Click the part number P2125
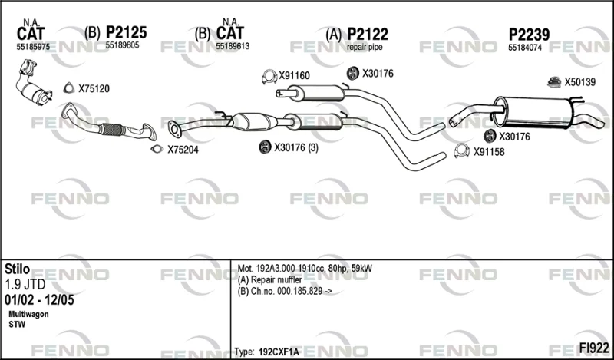click(x=126, y=32)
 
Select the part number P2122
click(x=368, y=35)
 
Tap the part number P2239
click(x=529, y=35)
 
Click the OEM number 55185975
click(x=33, y=47)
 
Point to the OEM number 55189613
click(x=233, y=47)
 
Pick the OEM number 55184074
click(x=525, y=48)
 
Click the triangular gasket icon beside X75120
click(x=69, y=88)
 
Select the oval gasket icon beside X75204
click(x=157, y=149)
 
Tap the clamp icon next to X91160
click(x=269, y=77)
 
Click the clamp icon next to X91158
click(x=462, y=150)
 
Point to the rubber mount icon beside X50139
click(x=554, y=82)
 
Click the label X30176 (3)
click(x=296, y=147)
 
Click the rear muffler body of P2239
click(x=533, y=112)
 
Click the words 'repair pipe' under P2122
click(x=365, y=48)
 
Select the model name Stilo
click(x=17, y=269)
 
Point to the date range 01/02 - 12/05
click(x=39, y=300)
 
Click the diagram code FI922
click(x=594, y=348)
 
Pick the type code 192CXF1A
click(x=279, y=352)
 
